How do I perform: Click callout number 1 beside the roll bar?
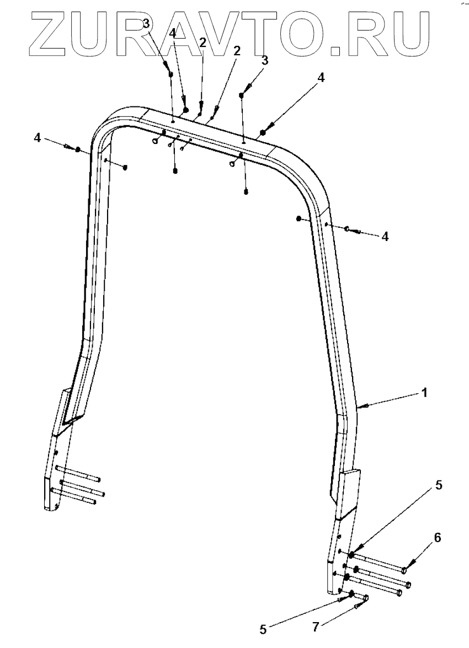424,393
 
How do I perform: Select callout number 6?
438,537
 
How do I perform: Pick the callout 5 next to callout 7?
263,628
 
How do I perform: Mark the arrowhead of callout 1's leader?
360,406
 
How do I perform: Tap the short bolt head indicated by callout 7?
365,598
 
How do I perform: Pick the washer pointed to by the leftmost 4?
78,149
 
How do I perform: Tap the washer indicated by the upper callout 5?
351,553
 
